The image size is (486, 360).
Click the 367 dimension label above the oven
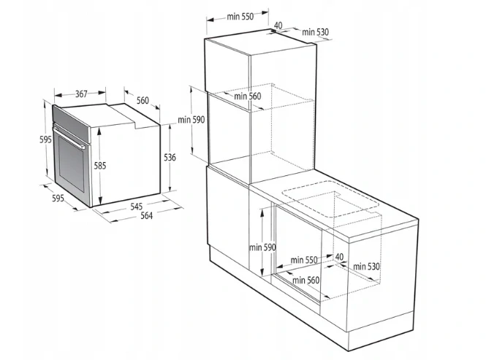tap(81, 93)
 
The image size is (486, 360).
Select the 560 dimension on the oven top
tap(143, 100)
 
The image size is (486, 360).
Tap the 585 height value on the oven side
tap(100, 166)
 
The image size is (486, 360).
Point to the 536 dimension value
tap(170, 158)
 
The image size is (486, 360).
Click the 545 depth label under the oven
tap(137, 207)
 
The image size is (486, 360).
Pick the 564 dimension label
tap(147, 215)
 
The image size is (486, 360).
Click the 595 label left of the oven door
tap(45, 139)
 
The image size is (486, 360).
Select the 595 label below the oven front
tap(58, 199)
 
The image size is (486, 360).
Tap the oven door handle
tap(69, 137)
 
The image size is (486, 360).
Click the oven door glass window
tap(72, 164)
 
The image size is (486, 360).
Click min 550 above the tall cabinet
tap(240, 16)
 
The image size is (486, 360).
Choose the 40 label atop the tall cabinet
tap(278, 26)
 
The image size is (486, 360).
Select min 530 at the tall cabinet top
tap(316, 32)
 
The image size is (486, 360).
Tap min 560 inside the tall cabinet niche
tap(248, 96)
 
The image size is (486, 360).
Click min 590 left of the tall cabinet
tap(191, 120)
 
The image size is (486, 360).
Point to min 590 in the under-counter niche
tap(262, 248)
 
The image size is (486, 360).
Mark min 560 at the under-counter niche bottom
tap(306, 280)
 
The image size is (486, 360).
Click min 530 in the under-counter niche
tap(366, 267)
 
